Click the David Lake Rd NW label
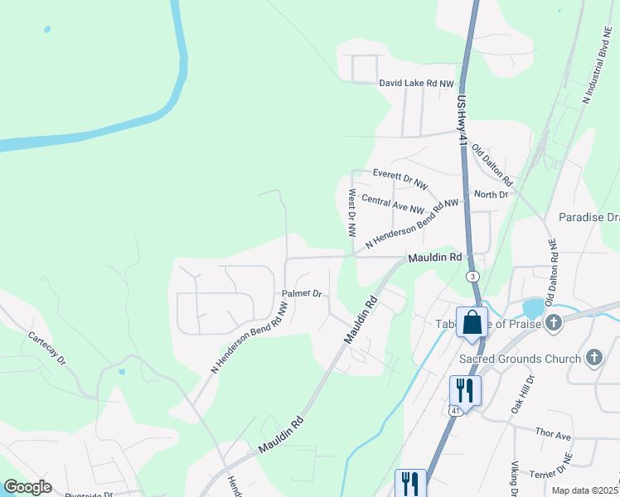[x=417, y=84]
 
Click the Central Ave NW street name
[x=393, y=205]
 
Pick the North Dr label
[x=491, y=195]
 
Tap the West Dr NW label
[x=352, y=214]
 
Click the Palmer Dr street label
[x=302, y=293]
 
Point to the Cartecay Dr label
[x=46, y=350]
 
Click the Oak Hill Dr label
[x=519, y=393]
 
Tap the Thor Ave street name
[x=554, y=435]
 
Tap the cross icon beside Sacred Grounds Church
[x=593, y=358]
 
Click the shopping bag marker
[x=472, y=323]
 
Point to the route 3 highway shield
[x=472, y=275]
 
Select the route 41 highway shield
[x=455, y=409]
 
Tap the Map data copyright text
[x=584, y=490]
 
